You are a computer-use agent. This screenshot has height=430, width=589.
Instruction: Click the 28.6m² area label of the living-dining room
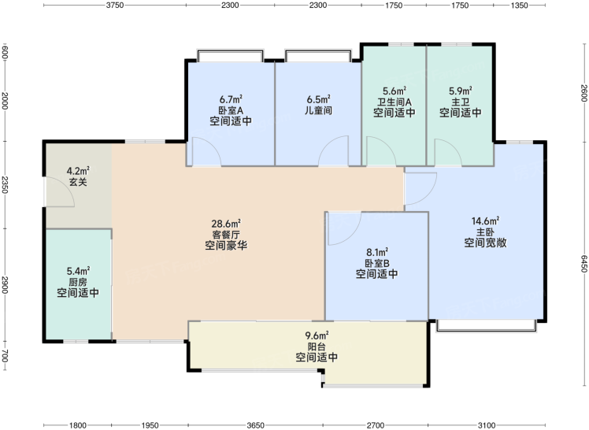(x=226, y=224)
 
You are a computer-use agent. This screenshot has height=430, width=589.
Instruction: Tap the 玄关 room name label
(x=78, y=182)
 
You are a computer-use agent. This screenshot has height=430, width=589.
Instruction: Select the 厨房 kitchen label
(x=78, y=282)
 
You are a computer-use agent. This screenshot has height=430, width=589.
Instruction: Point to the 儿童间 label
(x=319, y=110)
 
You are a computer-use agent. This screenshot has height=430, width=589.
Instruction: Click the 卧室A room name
(x=231, y=110)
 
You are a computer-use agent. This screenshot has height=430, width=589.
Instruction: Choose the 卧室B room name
(x=376, y=263)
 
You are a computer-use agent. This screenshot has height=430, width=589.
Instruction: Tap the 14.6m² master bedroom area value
(x=485, y=221)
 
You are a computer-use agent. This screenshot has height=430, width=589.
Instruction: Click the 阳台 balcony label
(x=317, y=347)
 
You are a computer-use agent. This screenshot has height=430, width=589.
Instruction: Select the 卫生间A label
(x=395, y=102)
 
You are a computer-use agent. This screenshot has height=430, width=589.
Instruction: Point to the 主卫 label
(x=461, y=102)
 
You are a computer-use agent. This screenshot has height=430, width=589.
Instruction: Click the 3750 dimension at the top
(x=115, y=5)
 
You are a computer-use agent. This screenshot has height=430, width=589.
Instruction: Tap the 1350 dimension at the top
(x=520, y=5)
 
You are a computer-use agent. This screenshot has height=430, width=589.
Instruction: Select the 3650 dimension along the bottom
(x=255, y=425)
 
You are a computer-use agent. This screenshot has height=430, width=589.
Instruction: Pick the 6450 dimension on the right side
(x=583, y=264)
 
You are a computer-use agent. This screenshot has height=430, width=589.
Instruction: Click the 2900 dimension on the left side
(x=5, y=285)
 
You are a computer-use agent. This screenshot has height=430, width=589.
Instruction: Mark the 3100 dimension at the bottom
(x=487, y=425)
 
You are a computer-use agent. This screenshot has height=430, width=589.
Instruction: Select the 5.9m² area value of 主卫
(x=461, y=91)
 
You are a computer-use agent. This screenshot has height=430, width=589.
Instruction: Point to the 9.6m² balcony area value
(x=317, y=335)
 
